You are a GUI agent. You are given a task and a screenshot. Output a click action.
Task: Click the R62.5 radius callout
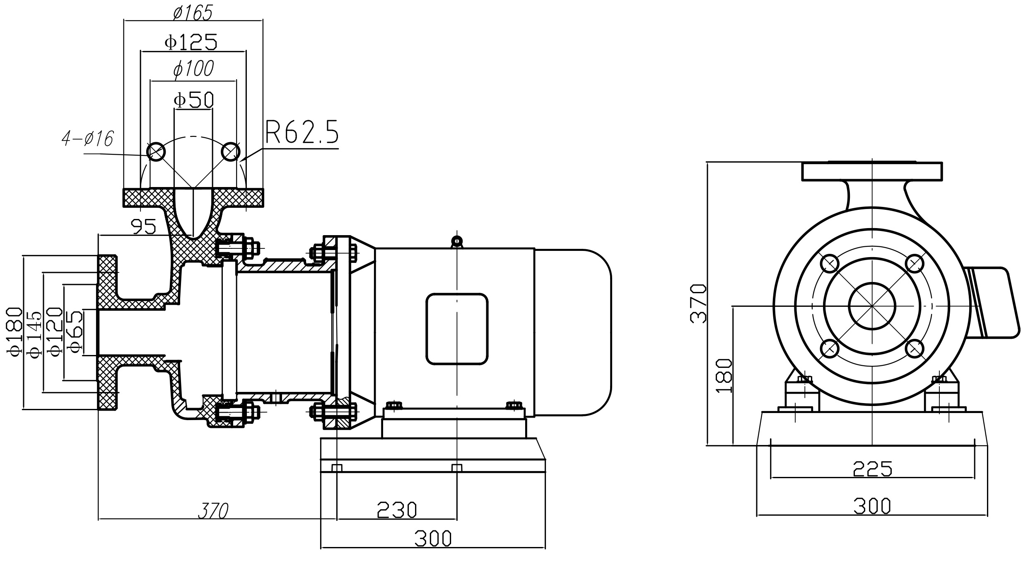coord(302,132)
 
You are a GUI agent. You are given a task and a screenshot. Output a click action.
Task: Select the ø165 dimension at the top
coord(193,13)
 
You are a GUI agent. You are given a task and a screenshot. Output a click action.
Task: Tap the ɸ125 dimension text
coord(191,42)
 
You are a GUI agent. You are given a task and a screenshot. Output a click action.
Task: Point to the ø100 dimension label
coord(193,69)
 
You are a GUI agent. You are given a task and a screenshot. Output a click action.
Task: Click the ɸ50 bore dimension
coord(193,100)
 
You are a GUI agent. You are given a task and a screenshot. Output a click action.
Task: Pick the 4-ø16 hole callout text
coord(87,139)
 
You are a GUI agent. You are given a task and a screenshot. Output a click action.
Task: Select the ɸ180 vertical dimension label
coord(14,332)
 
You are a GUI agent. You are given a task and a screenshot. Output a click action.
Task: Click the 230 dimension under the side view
coord(396,510)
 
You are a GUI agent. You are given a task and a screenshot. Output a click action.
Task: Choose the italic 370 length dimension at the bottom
coord(213,511)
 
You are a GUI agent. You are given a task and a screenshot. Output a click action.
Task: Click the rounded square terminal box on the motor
coord(457,329)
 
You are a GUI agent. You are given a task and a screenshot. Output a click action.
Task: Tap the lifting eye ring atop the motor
coord(457,241)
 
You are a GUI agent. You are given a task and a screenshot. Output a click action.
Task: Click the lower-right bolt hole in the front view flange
coord(915,349)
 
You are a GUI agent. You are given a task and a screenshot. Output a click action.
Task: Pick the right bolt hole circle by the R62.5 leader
coord(231,152)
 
